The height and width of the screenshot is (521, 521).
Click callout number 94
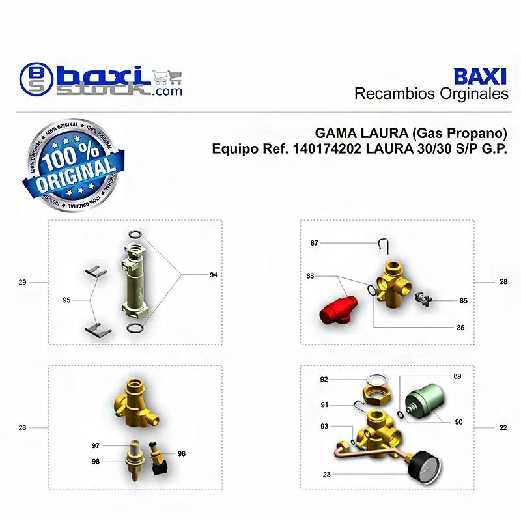(x=214, y=275)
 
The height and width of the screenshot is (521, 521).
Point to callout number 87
(x=315, y=243)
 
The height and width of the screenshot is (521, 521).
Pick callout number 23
(x=327, y=475)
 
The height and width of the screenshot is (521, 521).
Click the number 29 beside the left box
(x=22, y=282)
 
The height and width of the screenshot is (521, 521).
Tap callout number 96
(x=182, y=453)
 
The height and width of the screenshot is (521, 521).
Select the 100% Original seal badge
(x=74, y=165)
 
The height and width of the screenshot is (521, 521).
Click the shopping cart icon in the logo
(x=167, y=77)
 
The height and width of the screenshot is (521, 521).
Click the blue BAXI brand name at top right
(x=480, y=77)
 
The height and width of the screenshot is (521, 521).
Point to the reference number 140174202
(x=327, y=148)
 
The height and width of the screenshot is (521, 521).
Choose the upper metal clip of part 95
(x=96, y=272)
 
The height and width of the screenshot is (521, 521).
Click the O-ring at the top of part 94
(x=136, y=234)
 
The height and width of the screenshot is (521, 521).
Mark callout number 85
(x=464, y=301)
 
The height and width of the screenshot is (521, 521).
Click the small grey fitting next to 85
(x=423, y=299)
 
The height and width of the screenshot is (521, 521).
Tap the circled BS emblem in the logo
(x=36, y=79)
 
